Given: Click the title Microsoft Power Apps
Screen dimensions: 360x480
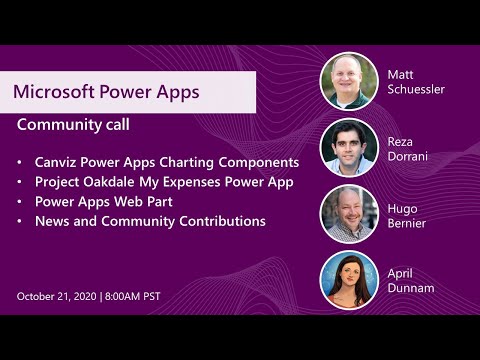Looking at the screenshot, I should pyautogui.click(x=106, y=92).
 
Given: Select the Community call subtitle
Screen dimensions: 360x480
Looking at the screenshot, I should pyautogui.click(x=74, y=127).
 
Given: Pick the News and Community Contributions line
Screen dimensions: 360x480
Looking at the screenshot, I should pyautogui.click(x=150, y=221).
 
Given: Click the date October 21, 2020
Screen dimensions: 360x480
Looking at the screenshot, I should pyautogui.click(x=57, y=296).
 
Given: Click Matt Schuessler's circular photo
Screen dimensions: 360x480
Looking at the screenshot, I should pyautogui.click(x=348, y=81).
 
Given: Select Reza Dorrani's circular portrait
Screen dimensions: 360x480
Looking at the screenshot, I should pyautogui.click(x=348, y=148).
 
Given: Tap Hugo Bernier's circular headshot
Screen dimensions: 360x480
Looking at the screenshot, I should pyautogui.click(x=348, y=214).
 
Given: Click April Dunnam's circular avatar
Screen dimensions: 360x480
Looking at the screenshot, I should pyautogui.click(x=348, y=280).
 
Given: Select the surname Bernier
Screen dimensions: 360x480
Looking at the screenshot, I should pyautogui.click(x=408, y=222).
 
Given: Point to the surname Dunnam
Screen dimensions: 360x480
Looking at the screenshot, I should pyautogui.click(x=411, y=288).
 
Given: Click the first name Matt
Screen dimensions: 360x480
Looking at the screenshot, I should pyautogui.click(x=400, y=73).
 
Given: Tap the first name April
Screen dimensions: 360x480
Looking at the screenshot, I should pyautogui.click(x=401, y=272).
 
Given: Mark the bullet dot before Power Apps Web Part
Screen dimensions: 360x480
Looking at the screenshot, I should pyautogui.click(x=21, y=201).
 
